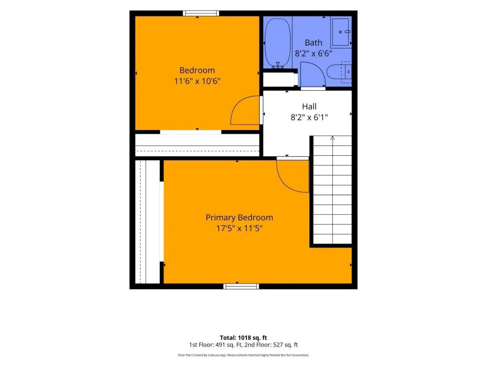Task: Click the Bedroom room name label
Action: [x=197, y=70]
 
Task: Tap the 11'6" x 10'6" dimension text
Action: [x=197, y=81]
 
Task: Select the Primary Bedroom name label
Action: [x=240, y=218]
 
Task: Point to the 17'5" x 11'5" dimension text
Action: [x=240, y=229]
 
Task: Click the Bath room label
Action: [x=313, y=42]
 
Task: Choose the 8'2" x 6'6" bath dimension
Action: [x=313, y=53]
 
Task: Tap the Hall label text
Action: [x=309, y=106]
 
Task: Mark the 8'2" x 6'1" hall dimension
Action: [x=309, y=117]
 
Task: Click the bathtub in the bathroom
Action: [x=278, y=43]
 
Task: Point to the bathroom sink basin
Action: [x=340, y=32]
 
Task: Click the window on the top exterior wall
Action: [x=201, y=13]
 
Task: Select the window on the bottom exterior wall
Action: [x=241, y=286]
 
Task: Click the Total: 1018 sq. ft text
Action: [x=243, y=338]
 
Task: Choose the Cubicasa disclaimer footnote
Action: [x=243, y=355]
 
